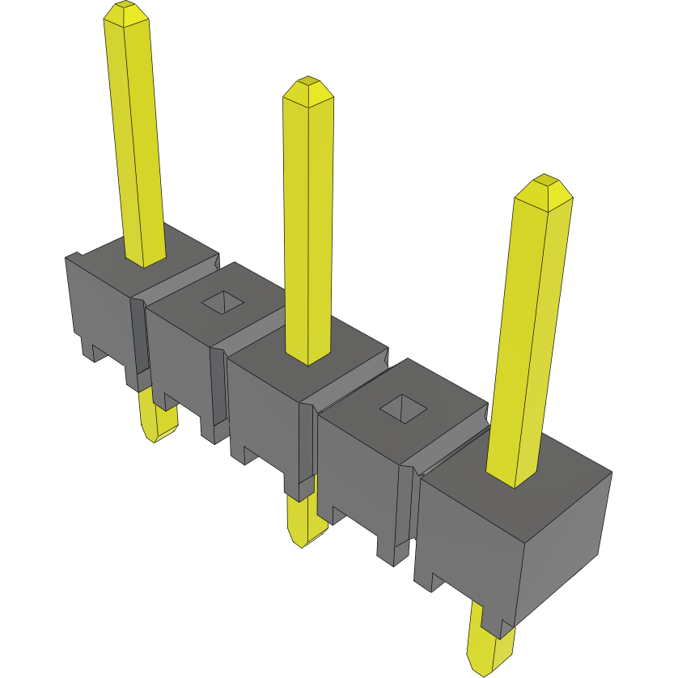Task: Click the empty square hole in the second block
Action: (x=222, y=303)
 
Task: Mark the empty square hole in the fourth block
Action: (x=402, y=409)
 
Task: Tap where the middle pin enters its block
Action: (x=308, y=356)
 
